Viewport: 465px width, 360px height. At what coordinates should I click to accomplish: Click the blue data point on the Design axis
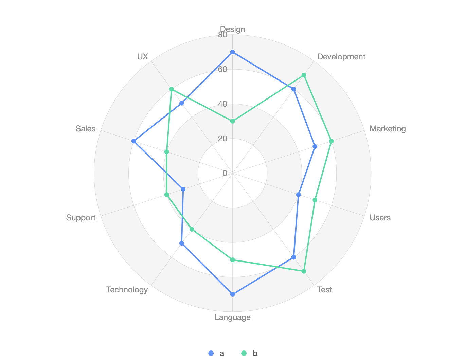pos(233,52)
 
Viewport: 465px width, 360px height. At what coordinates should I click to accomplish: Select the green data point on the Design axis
pos(233,121)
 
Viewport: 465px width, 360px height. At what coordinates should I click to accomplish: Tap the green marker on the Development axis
pos(304,75)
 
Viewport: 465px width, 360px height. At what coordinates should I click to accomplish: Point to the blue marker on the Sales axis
pos(134,141)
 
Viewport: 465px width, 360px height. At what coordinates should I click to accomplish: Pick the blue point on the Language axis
pos(233,294)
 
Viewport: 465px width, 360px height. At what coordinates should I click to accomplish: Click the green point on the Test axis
pos(304,271)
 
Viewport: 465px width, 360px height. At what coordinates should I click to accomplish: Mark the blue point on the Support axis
pos(183,189)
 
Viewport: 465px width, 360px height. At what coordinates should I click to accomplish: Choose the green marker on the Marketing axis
pos(332,141)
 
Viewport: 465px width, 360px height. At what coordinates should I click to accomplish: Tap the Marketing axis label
pos(387,129)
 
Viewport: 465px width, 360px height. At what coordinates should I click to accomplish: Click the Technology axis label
pos(127,290)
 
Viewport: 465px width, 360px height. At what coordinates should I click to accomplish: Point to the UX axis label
pos(143,57)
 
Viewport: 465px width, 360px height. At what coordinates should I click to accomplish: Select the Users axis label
pos(380,218)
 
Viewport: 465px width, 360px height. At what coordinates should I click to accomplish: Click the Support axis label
pos(81,218)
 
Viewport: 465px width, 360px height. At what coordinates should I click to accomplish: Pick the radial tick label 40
pos(222,104)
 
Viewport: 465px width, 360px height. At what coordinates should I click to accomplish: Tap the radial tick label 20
pos(222,139)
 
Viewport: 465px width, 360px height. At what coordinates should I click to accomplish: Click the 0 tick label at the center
pos(225,173)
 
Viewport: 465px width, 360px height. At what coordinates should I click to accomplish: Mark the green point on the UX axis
pos(172,89)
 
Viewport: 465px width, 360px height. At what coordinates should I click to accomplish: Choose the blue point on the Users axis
pos(299,195)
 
